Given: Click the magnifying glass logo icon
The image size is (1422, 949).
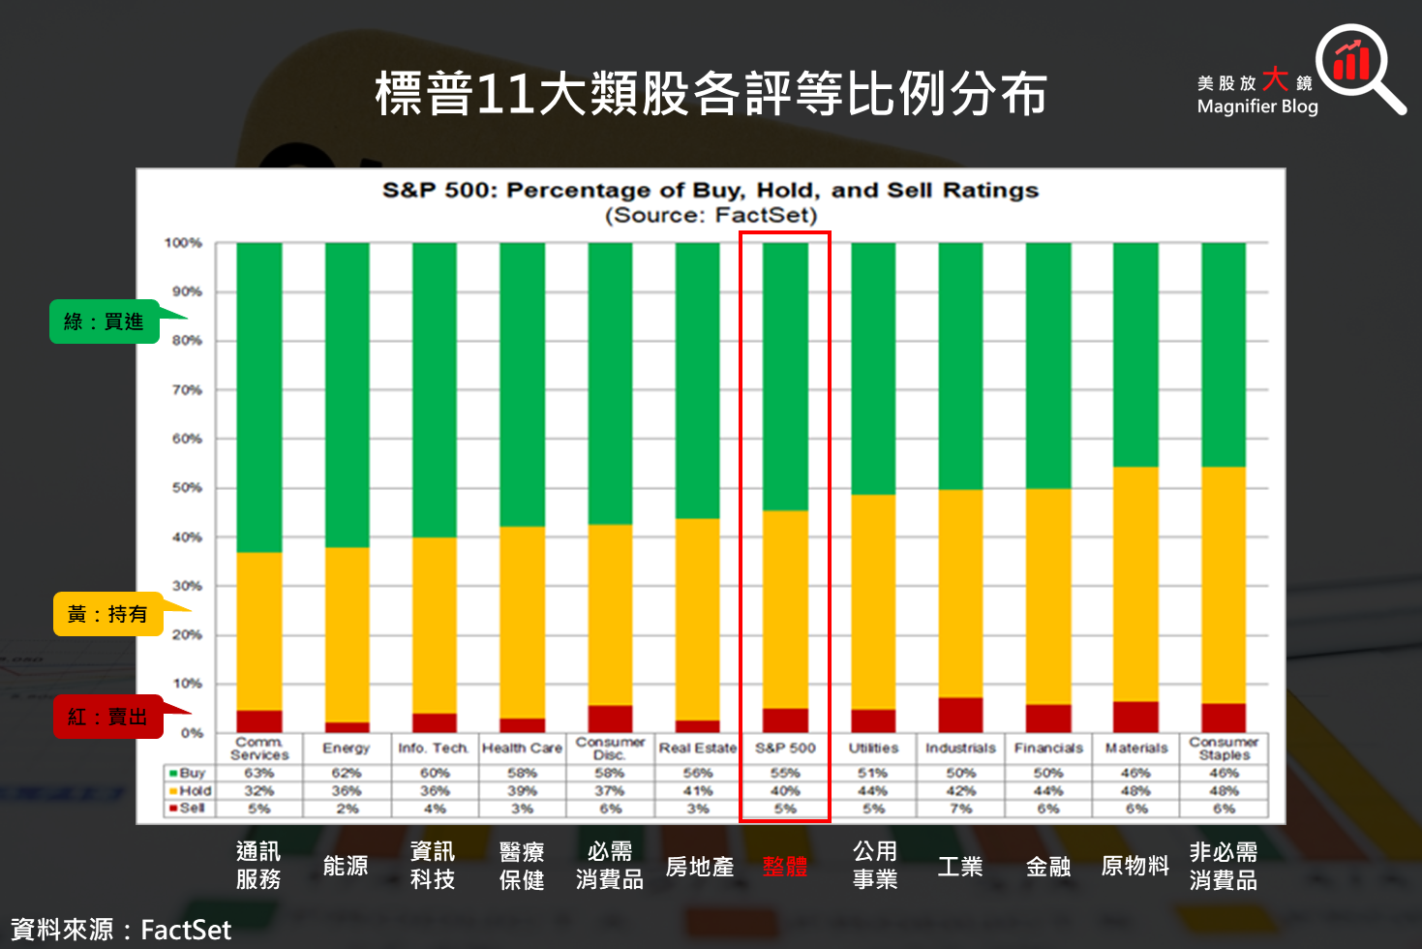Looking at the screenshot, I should point(1354,66).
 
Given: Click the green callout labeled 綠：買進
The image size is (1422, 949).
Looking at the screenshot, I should point(105,321).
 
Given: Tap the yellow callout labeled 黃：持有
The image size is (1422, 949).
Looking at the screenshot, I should point(107,614).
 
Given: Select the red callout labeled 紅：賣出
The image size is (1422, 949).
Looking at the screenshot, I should point(107,717).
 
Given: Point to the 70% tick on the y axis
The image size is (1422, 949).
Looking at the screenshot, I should point(187,390).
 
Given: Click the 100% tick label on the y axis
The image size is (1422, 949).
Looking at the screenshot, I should point(183,243).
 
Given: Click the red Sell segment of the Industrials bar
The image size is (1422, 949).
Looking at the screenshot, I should point(960,715).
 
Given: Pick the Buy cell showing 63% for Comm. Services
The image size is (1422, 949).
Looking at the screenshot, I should point(258,773).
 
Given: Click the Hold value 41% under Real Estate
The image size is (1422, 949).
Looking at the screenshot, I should point(697,790).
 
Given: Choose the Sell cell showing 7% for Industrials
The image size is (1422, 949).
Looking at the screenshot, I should point(960,808).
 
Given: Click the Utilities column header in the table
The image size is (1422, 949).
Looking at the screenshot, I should point(873,748).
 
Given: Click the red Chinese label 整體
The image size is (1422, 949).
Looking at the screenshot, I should point(785,866).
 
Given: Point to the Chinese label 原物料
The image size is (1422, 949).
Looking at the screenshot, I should point(1135,866).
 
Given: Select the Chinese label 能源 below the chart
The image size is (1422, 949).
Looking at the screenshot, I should point(346,866).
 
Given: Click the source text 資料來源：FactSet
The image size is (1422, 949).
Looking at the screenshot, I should point(121,930).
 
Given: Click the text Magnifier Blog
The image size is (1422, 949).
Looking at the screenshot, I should point(1257,107).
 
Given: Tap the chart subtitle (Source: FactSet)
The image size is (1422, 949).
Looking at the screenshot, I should point(711,215).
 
